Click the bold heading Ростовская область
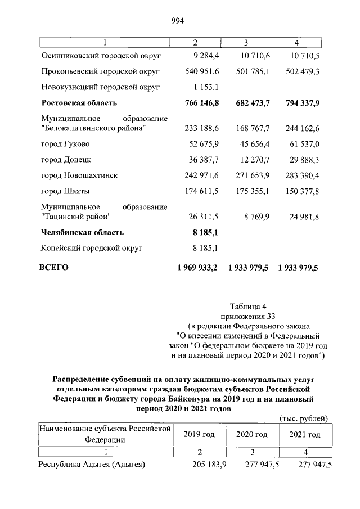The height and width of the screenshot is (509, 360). click(79, 103)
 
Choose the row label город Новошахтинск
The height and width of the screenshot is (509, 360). click(79, 175)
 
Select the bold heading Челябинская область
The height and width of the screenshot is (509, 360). click(82, 232)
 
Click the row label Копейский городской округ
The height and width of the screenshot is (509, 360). click(92, 247)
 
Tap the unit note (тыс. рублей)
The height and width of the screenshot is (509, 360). click(303, 417)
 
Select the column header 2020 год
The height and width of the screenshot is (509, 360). click(252, 435)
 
